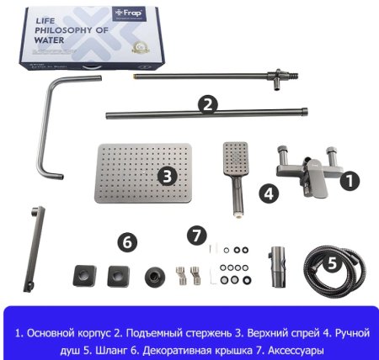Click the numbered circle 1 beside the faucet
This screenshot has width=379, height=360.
353,179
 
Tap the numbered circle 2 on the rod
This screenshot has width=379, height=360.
207,104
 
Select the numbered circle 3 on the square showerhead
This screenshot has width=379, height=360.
167,176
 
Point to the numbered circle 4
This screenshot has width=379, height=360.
268,193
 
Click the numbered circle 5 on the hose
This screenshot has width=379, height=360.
332,262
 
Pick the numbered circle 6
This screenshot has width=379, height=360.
126,242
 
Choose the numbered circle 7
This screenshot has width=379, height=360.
197,234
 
